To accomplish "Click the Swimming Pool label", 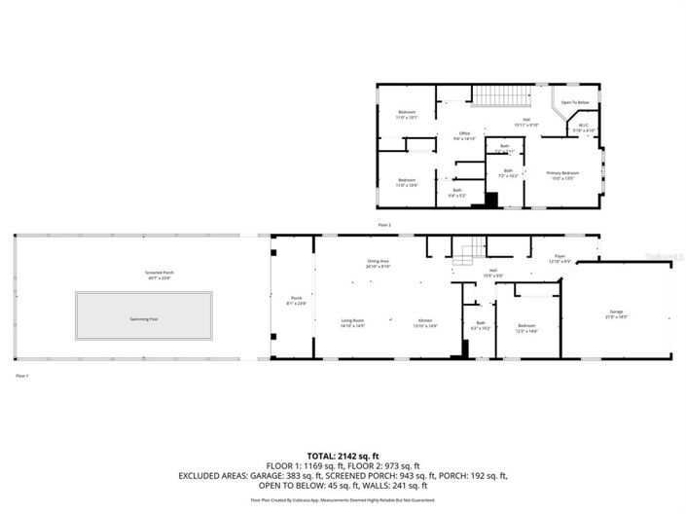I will (x=145, y=318).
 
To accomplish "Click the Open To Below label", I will (x=575, y=102).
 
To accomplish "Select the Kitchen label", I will (x=425, y=322).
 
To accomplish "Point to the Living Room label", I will (x=352, y=322).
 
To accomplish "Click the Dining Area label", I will (x=379, y=263).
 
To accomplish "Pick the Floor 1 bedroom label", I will (x=526, y=328).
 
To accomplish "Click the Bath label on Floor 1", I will (x=480, y=325).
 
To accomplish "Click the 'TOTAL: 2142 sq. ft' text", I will (x=343, y=456).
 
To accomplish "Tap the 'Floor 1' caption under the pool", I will (x=22, y=375).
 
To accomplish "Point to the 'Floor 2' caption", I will (x=384, y=224).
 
